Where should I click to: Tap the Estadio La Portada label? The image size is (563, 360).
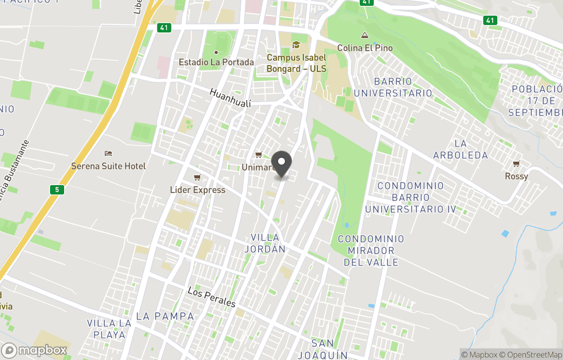pyautogui.click(x=216, y=62)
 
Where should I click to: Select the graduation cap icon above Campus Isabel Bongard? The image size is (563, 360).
pyautogui.click(x=296, y=45)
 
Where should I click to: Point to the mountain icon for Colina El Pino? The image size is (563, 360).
pyautogui.click(x=364, y=35)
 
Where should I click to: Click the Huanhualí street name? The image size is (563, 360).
pyautogui.click(x=230, y=98)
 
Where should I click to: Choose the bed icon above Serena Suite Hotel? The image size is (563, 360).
pyautogui.click(x=108, y=153)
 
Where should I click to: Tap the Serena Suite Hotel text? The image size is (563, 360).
pyautogui.click(x=108, y=166)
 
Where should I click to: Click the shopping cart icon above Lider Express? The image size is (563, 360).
pyautogui.click(x=197, y=178)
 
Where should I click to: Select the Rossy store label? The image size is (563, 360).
pyautogui.click(x=516, y=176)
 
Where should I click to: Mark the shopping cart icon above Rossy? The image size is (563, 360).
pyautogui.click(x=516, y=164)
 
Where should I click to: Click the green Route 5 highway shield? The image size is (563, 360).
pyautogui.click(x=57, y=189)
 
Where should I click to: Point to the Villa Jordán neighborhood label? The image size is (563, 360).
pyautogui.click(x=265, y=243)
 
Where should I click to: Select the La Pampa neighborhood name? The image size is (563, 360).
pyautogui.click(x=165, y=316)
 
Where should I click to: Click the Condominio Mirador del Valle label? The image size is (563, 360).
pyautogui.click(x=371, y=250)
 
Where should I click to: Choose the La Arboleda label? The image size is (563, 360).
pyautogui.click(x=460, y=149)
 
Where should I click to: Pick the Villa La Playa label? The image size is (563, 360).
pyautogui.click(x=109, y=329)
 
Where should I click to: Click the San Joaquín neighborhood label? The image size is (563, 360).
pyautogui.click(x=323, y=349)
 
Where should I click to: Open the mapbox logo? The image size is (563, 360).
pyautogui.click(x=34, y=350)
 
